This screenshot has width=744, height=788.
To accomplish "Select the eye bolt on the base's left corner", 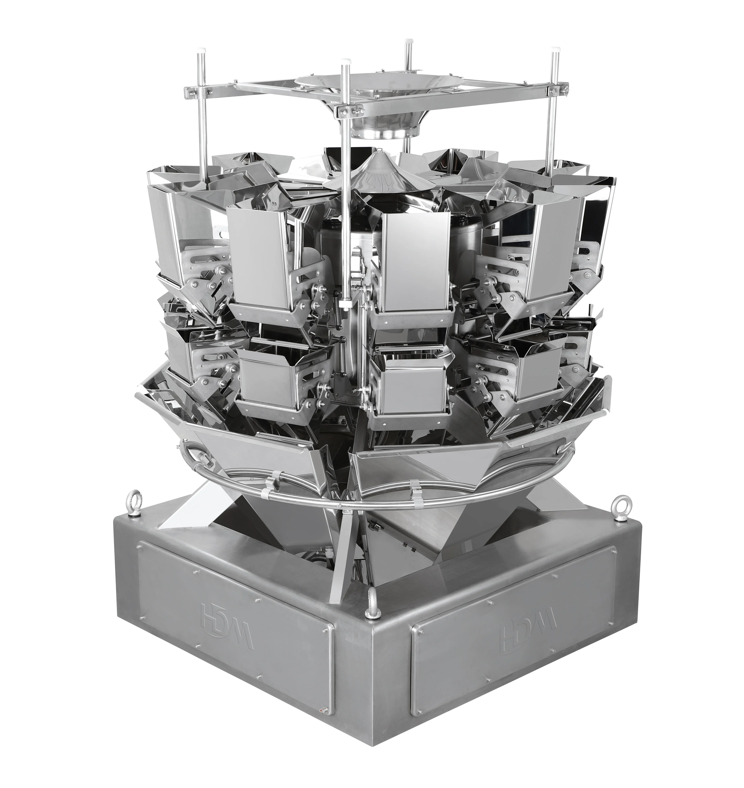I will (131, 501).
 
